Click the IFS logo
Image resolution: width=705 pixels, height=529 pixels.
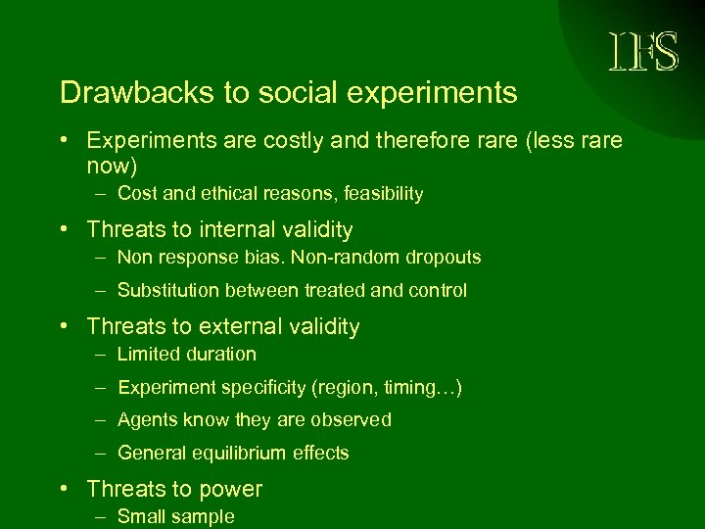coord(644,52)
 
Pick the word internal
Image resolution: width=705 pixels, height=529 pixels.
coord(213,230)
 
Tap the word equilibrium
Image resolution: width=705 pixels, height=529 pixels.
coord(241,454)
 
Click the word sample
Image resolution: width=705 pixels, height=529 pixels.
coord(206,517)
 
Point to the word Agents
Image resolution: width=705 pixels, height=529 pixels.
coord(143,420)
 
